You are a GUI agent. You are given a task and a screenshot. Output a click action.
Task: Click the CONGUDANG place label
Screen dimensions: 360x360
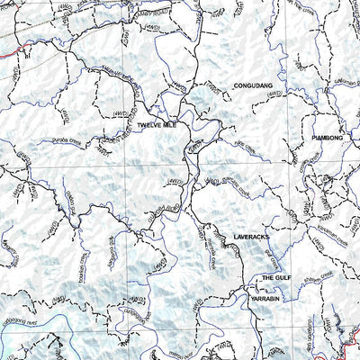(252, 85)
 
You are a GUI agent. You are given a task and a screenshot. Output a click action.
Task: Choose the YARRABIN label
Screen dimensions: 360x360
(269, 297)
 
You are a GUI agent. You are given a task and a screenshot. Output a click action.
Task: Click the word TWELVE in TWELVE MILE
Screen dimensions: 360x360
(149, 126)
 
